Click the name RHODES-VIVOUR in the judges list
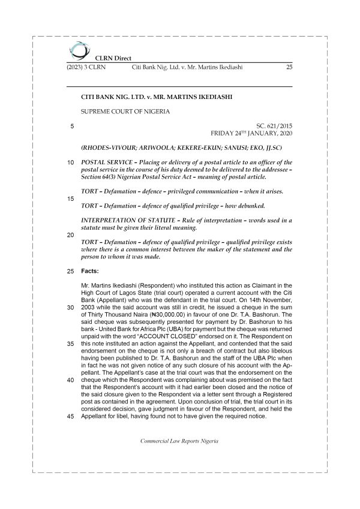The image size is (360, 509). [x=108, y=147]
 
